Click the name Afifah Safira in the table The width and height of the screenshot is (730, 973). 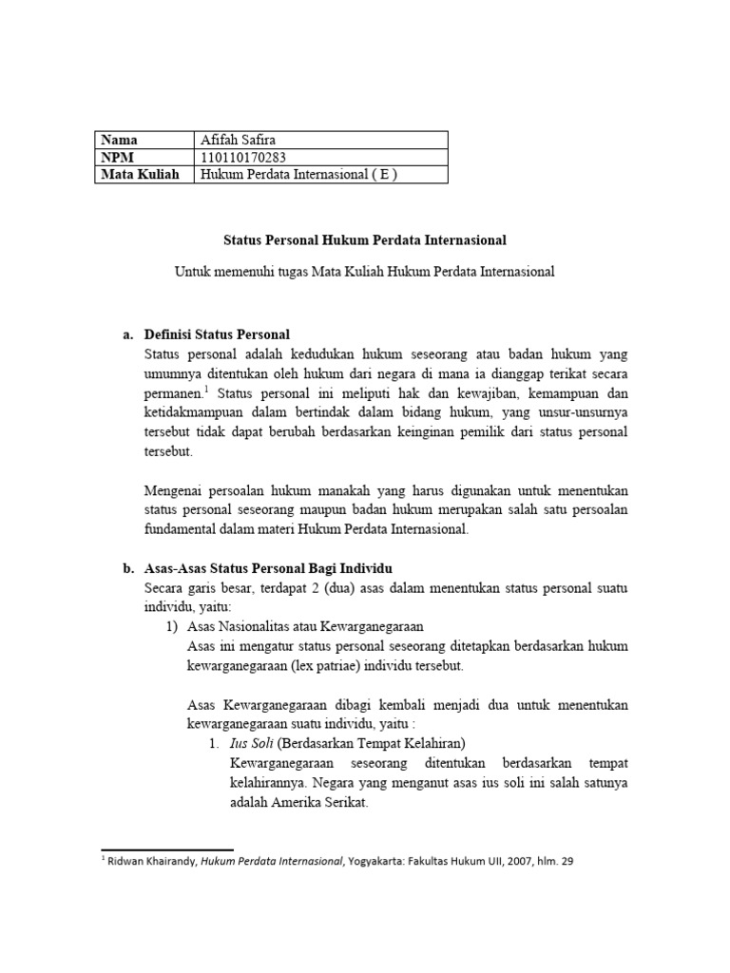tap(237, 140)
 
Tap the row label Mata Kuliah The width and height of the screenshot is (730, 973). tap(140, 174)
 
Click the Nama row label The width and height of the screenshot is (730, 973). tap(120, 140)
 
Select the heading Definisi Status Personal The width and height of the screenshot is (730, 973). tap(217, 334)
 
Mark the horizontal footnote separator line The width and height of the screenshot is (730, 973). tap(166, 849)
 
